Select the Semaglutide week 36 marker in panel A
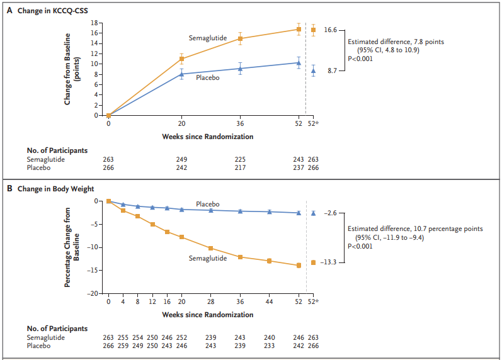(240, 38)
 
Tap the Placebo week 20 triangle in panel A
(181, 74)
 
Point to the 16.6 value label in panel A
(330, 30)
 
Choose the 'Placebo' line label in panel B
(208, 205)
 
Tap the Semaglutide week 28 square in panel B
(210, 248)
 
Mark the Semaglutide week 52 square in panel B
(299, 265)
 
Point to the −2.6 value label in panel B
(330, 213)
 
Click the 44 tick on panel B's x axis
(269, 302)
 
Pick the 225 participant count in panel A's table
(240, 160)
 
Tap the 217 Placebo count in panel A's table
(240, 168)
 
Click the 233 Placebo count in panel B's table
(269, 346)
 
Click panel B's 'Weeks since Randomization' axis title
(208, 315)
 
